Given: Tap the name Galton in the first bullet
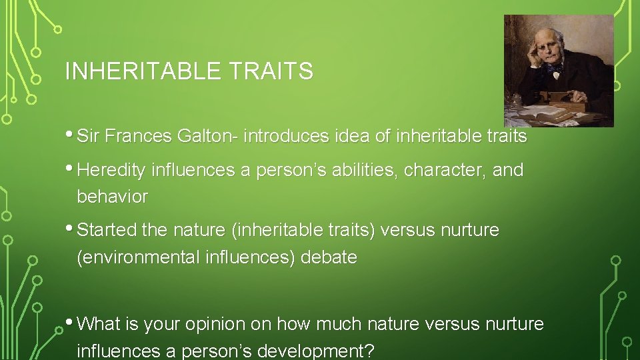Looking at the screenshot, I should pos(208,137).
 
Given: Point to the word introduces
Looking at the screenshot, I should pos(287,137).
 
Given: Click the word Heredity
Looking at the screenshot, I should pos(112,171).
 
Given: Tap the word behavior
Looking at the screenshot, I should pos(113,197).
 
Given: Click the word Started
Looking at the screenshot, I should pos(107,231).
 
